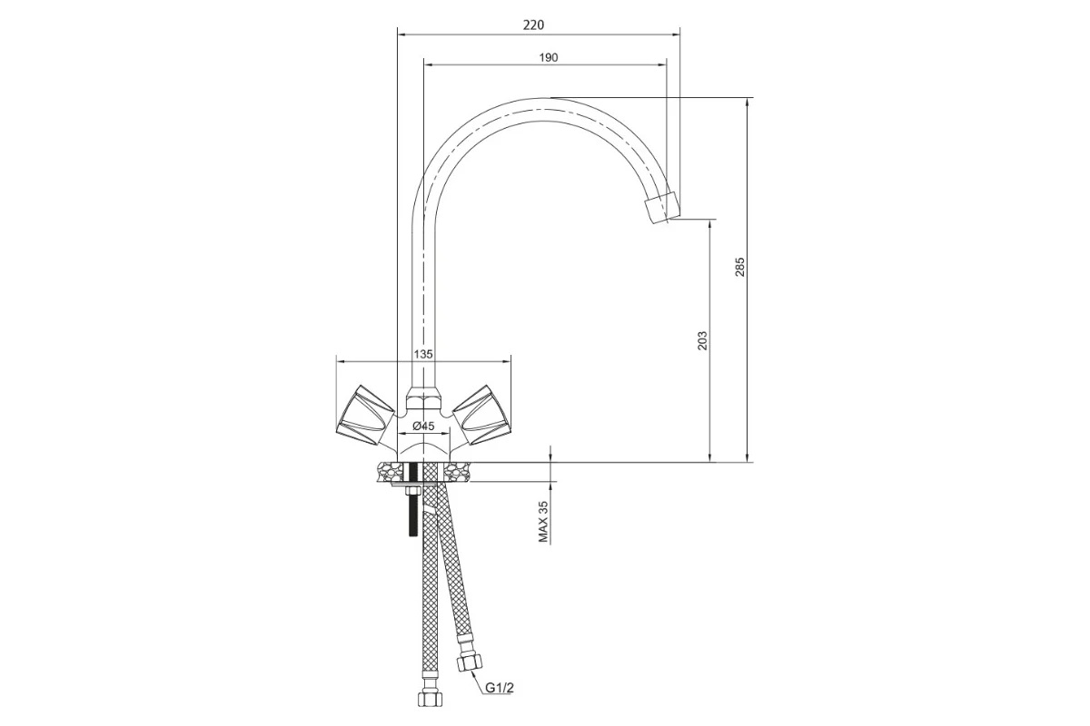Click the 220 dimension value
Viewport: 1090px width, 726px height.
coord(533,25)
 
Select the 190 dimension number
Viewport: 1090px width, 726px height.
coord(549,57)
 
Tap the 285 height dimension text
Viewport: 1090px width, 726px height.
coord(739,267)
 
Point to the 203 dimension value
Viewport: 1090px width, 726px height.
coord(702,341)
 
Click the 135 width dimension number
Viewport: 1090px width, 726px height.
coord(423,354)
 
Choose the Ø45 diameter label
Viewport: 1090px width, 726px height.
coord(423,426)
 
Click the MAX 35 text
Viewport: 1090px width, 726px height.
coord(543,522)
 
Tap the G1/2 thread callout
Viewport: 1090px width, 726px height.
coord(500,688)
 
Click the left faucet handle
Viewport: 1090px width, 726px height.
coord(365,416)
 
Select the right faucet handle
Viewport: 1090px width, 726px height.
coord(481,416)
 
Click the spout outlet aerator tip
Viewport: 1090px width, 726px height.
coord(661,208)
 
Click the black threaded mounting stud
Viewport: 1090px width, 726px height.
coord(413,500)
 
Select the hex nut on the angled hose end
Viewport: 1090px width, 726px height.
coord(469,662)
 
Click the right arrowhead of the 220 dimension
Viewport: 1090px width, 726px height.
coord(676,34)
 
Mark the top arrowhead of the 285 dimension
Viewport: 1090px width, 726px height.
coord(748,103)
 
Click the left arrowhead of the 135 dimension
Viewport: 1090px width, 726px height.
coord(341,361)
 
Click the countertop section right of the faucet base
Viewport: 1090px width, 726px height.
coord(459,472)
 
